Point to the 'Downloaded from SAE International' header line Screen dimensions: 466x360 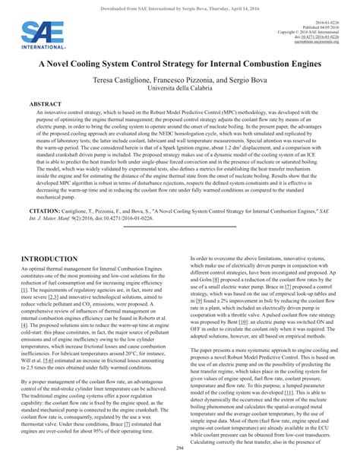coord(180,5)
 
